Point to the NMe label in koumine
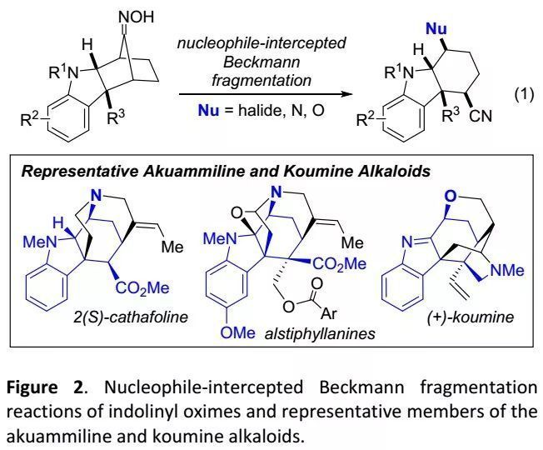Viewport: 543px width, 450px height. click(x=506, y=269)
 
